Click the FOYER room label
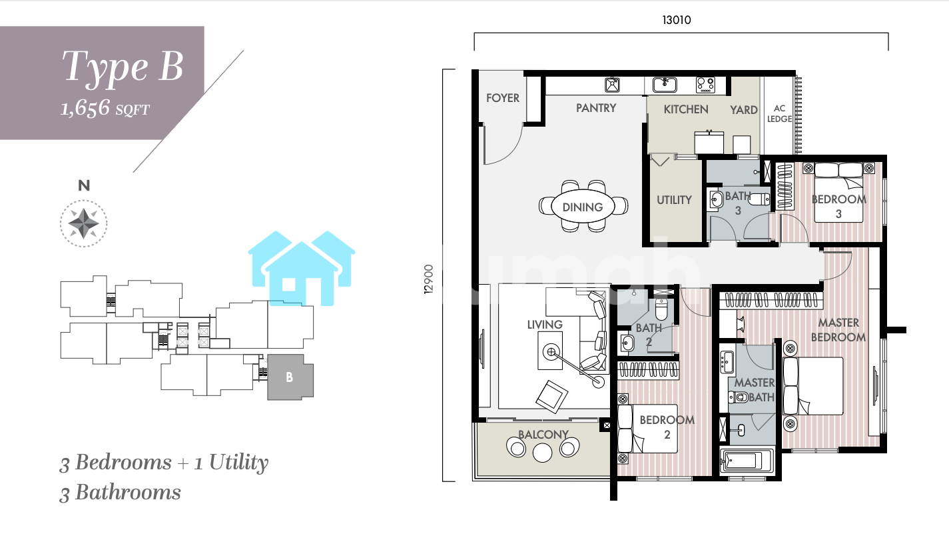(502, 98)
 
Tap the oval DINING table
(583, 207)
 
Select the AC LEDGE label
(780, 113)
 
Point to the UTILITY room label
(674, 200)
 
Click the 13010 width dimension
(677, 20)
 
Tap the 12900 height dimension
(429, 279)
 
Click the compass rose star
(83, 223)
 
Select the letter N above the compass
(84, 185)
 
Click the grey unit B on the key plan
(290, 377)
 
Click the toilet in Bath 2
(661, 309)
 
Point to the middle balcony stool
(542, 453)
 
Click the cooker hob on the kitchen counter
(705, 85)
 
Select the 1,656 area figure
(85, 108)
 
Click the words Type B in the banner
(123, 67)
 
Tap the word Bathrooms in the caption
(128, 493)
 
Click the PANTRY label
(596, 108)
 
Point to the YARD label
(743, 110)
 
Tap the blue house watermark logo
(302, 268)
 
